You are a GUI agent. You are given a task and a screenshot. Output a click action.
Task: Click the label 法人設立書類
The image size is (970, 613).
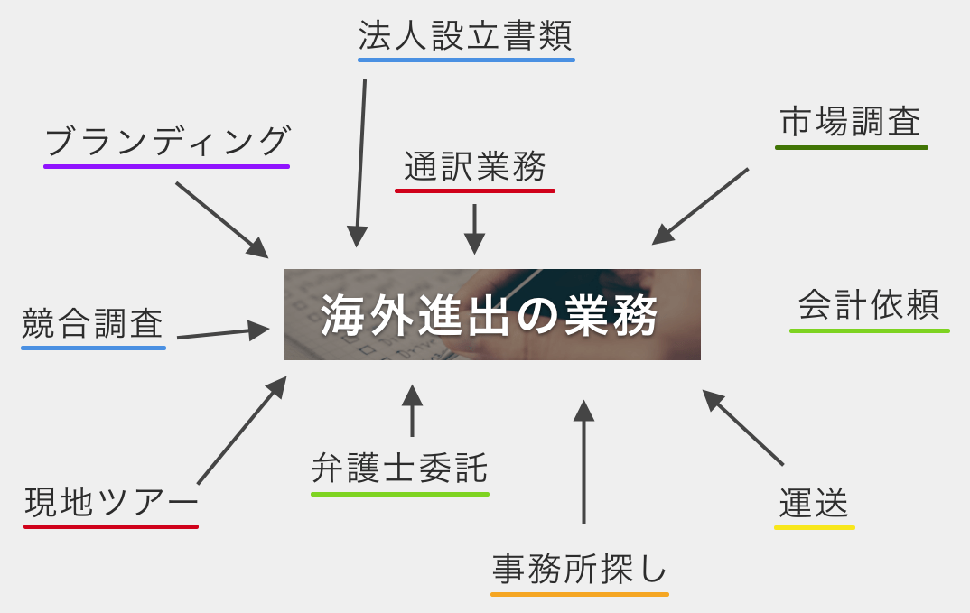tap(465, 37)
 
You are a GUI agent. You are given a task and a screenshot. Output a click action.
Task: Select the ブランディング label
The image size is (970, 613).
tap(167, 142)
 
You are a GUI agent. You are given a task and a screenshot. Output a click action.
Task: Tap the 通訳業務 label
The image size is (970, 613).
tap(475, 167)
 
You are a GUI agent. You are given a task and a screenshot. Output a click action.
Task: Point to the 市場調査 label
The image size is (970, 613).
tap(851, 122)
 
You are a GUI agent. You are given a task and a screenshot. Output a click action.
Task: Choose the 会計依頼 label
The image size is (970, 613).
tap(869, 305)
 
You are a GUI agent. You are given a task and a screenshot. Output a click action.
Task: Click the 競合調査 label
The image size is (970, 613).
tap(93, 323)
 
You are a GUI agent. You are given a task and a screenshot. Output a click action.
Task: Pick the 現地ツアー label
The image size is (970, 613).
tap(110, 502)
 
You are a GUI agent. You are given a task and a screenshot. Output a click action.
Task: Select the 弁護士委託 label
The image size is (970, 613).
tap(399, 469)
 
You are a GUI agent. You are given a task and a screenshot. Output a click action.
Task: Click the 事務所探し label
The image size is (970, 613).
tap(579, 570)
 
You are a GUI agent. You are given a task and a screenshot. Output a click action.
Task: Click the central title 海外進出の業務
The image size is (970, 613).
tap(492, 315)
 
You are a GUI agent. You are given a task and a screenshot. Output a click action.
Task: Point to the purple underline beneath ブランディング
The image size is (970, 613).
tap(167, 166)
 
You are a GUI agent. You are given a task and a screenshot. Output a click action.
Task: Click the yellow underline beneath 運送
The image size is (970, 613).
tap(814, 527)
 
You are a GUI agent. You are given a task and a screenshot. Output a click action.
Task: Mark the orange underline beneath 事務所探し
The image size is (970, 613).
tap(579, 594)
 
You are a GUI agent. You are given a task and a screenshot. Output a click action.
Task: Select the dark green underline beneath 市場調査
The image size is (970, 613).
tap(851, 146)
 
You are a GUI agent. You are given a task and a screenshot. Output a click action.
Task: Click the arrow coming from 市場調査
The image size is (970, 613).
tap(700, 207)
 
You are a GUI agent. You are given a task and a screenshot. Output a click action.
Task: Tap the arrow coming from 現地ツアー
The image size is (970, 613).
tap(241, 431)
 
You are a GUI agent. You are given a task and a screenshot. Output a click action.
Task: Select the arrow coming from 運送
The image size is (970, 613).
tap(742, 427)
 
